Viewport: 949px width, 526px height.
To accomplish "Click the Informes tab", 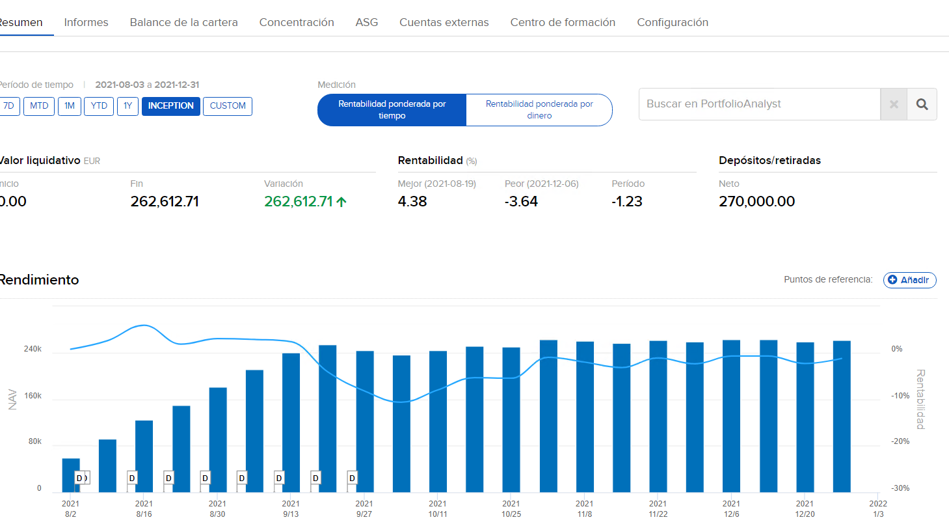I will [x=86, y=22].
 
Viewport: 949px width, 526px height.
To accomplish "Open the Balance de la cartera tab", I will [x=183, y=22].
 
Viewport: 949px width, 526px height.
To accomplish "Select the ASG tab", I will [x=366, y=22].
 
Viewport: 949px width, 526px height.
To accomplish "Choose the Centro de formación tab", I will [x=563, y=22].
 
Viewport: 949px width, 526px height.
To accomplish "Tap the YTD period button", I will [x=99, y=106].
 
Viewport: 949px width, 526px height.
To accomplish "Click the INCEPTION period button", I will [x=171, y=106].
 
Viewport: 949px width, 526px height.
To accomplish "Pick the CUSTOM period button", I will [x=228, y=106].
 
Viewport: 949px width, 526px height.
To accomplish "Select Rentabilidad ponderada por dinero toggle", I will [x=539, y=110].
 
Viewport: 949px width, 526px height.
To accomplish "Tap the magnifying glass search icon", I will [x=922, y=104].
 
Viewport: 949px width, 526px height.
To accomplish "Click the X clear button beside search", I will [x=894, y=104].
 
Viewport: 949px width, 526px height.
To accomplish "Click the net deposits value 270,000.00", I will [x=756, y=202].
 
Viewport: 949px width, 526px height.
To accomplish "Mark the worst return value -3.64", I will [x=521, y=202].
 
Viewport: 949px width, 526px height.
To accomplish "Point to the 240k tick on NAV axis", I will [x=33, y=349].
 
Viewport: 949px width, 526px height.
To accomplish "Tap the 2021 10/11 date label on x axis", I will [x=438, y=508].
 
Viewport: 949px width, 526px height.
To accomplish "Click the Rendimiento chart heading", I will [x=39, y=280].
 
